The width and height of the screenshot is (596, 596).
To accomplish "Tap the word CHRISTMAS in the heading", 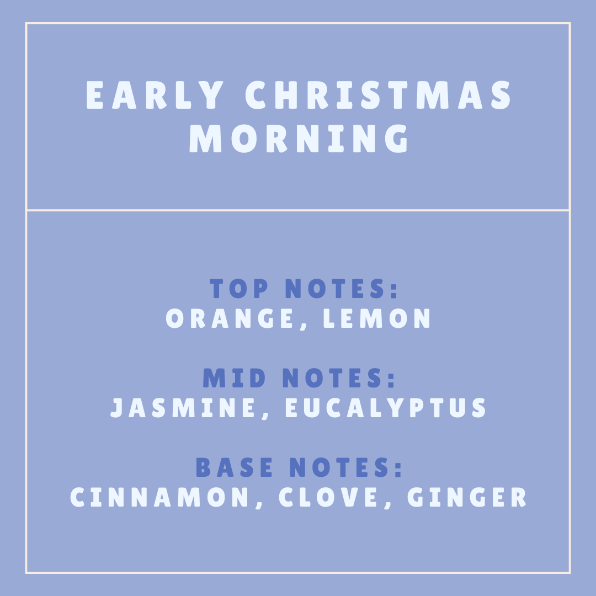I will coord(379,96).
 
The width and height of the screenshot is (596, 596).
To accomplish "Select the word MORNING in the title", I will coord(300,139).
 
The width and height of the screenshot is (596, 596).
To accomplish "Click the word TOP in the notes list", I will coord(238,289).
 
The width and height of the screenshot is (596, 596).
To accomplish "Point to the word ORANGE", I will coord(230,318).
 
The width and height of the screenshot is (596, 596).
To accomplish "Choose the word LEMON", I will coord(377,318).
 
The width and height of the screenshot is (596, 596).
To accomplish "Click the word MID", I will coord(235,379).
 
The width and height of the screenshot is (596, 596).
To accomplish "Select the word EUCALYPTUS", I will coord(386,408).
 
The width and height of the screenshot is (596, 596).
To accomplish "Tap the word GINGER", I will coord(467,497).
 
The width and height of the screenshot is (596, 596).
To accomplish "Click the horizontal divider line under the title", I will coord(298,210).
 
